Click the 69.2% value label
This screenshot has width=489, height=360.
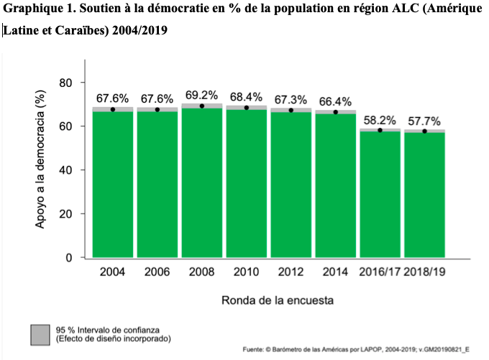[202, 95]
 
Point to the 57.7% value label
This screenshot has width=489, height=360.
[424, 121]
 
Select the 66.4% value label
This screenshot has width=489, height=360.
[335, 101]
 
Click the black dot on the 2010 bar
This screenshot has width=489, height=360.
[247, 108]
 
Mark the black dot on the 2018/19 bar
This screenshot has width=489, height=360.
[424, 131]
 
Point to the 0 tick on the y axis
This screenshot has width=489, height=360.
[69, 257]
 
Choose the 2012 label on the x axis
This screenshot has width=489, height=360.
[291, 272]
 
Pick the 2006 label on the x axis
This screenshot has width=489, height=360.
[157, 272]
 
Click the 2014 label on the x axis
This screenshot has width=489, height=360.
[335, 272]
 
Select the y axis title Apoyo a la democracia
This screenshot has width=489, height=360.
[42, 170]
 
